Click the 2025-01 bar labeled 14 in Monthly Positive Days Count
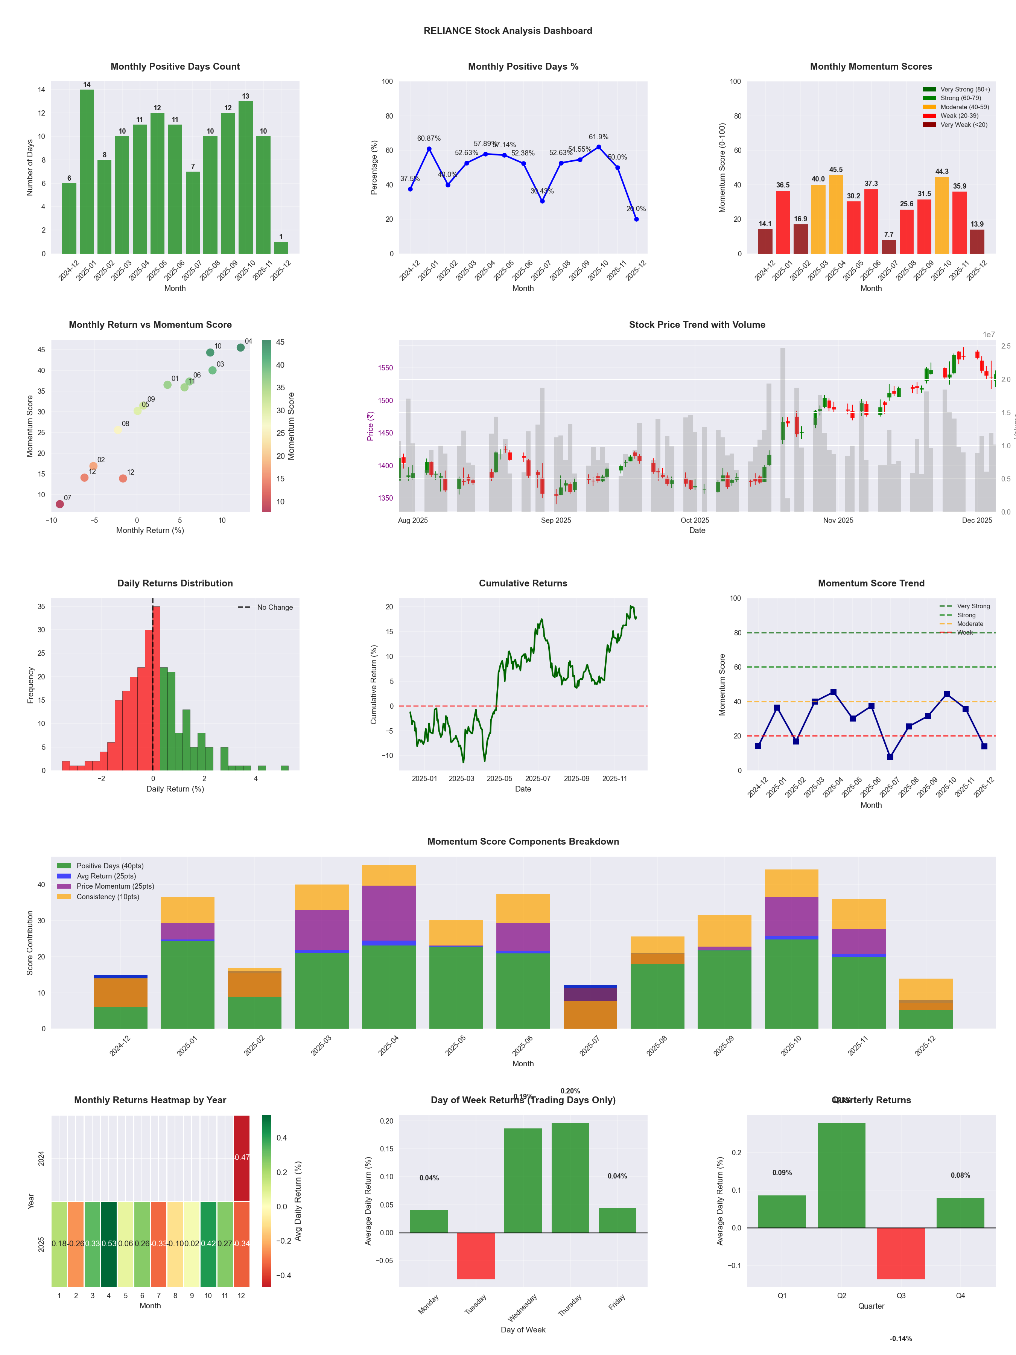[87, 172]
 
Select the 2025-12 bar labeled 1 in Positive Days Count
[281, 248]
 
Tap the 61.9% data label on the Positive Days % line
[598, 137]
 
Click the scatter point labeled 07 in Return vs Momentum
[59, 504]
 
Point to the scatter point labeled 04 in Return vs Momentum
[241, 347]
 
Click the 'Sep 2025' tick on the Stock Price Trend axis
[555, 521]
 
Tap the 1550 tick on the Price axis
[385, 368]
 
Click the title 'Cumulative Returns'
[523, 583]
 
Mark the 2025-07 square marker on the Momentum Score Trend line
[890, 757]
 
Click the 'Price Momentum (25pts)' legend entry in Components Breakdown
[115, 886]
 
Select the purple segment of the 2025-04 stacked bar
[388, 913]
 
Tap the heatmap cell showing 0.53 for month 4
[109, 1244]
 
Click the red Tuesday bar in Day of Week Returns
[476, 1256]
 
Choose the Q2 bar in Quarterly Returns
[841, 1175]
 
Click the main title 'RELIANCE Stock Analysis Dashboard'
[508, 30]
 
